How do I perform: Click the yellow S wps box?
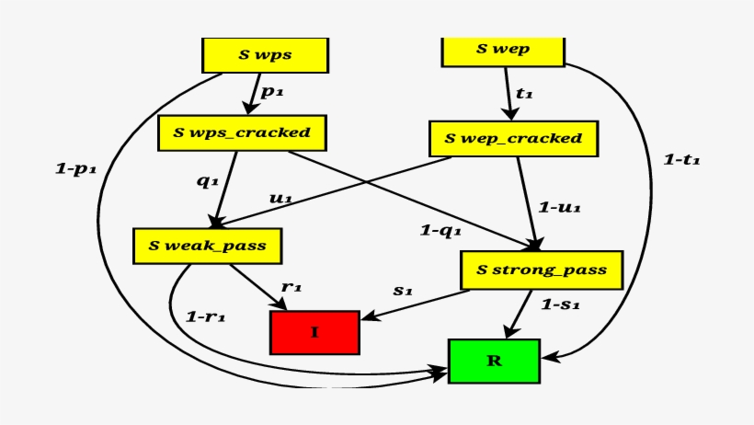pyautogui.click(x=266, y=54)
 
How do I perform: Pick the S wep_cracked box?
pyautogui.click(x=513, y=139)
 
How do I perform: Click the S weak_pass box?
pyautogui.click(x=207, y=246)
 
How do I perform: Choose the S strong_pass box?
pyautogui.click(x=541, y=270)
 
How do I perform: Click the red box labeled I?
pyautogui.click(x=314, y=332)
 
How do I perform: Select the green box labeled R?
pyautogui.click(x=494, y=361)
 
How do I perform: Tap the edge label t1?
pyautogui.click(x=525, y=94)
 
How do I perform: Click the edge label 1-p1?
pyautogui.click(x=75, y=168)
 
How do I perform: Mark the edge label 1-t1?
pyautogui.click(x=681, y=160)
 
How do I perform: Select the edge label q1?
pyautogui.click(x=207, y=181)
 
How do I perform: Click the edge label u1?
pyautogui.click(x=280, y=198)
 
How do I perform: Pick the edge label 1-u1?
pyautogui.click(x=558, y=208)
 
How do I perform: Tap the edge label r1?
pyautogui.click(x=291, y=287)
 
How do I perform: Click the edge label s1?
pyautogui.click(x=403, y=290)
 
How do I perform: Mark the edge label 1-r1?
pyautogui.click(x=205, y=316)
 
